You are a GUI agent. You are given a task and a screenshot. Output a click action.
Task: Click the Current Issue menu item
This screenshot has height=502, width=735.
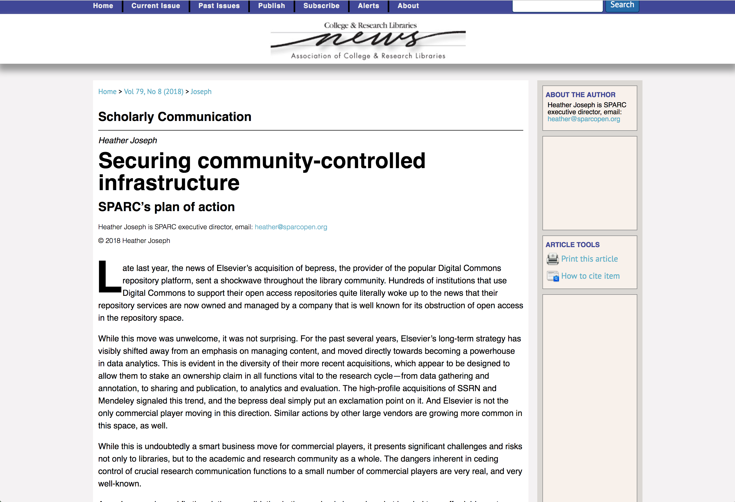(x=156, y=6)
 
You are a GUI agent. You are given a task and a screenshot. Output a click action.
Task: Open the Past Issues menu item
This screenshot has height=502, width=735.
(x=219, y=6)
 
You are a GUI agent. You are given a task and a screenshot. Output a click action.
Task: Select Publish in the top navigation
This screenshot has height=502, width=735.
(x=271, y=6)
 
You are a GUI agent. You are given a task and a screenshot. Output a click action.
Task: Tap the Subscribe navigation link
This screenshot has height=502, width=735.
(x=321, y=6)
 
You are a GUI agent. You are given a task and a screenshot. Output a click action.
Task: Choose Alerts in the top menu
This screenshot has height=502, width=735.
(x=369, y=6)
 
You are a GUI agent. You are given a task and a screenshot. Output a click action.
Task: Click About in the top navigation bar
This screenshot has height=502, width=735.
(x=408, y=6)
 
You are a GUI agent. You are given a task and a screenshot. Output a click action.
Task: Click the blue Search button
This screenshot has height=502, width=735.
(x=622, y=5)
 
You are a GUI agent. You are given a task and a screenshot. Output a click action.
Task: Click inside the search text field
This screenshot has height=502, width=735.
(x=557, y=6)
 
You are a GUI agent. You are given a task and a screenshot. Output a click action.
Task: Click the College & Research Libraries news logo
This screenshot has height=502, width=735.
(x=368, y=40)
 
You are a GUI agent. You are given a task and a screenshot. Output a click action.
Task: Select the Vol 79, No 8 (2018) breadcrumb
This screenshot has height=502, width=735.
(x=154, y=92)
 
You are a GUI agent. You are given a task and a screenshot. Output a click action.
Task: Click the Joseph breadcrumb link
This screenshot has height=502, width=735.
(x=201, y=92)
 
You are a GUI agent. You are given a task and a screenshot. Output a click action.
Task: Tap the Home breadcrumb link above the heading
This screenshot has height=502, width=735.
(x=107, y=92)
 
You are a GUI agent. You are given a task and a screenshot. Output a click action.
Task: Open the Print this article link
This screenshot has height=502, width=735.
(x=589, y=259)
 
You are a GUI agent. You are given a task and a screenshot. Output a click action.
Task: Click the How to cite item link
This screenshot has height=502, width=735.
(x=590, y=276)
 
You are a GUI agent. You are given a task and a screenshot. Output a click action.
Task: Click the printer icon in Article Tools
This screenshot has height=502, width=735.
(x=553, y=259)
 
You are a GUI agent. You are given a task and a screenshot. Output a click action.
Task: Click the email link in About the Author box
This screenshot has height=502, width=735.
(x=583, y=119)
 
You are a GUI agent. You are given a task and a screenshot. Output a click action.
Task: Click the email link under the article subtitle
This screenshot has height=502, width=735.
(x=291, y=227)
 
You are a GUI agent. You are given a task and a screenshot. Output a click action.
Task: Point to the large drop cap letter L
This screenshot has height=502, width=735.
(x=109, y=277)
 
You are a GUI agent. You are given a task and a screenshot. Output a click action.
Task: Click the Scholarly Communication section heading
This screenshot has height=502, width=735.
(x=175, y=117)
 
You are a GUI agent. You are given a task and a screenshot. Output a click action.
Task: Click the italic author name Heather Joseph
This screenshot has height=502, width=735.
(x=128, y=140)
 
